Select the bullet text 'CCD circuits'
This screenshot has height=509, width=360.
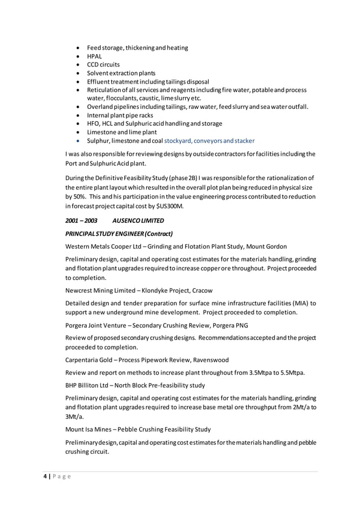coord(103,65)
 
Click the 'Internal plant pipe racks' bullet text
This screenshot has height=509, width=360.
coord(120,115)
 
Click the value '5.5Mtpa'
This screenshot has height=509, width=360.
coord(291,372)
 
